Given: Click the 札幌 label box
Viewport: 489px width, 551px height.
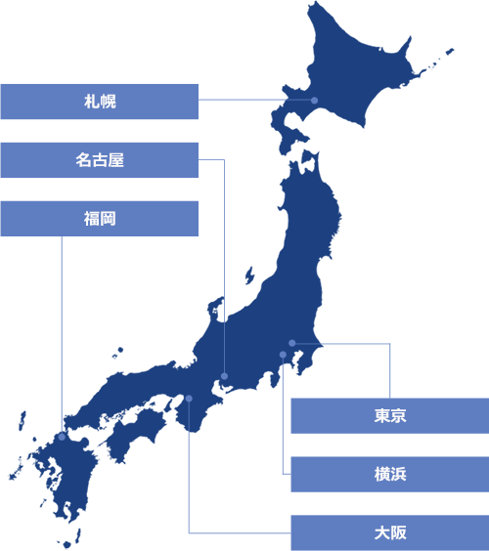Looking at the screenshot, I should (100, 102).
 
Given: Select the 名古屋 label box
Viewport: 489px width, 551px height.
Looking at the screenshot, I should (100, 160).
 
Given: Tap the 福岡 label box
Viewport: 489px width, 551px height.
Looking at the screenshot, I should (100, 219).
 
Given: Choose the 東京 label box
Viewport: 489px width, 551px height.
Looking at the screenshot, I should (389, 416).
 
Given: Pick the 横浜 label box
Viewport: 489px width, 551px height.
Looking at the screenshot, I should (389, 475).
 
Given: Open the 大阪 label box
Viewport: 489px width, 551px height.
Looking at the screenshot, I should (389, 533).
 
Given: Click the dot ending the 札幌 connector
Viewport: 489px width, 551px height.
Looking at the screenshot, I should (314, 100).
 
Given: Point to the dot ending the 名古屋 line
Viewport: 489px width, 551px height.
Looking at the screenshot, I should (224, 376).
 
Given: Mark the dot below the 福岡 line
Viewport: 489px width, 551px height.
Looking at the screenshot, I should (62, 437).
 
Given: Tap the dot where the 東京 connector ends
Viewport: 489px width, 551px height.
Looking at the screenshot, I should (291, 343).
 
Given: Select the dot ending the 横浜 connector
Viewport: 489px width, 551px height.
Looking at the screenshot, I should (283, 355).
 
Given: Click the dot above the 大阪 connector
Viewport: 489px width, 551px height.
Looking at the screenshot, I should (189, 399).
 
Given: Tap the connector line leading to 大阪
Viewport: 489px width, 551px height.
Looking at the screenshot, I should (189, 479).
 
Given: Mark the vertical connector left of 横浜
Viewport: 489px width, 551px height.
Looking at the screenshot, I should (283, 420).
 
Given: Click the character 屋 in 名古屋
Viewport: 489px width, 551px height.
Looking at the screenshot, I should (116, 160).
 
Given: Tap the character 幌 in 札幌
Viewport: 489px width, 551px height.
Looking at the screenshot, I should (109, 102).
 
